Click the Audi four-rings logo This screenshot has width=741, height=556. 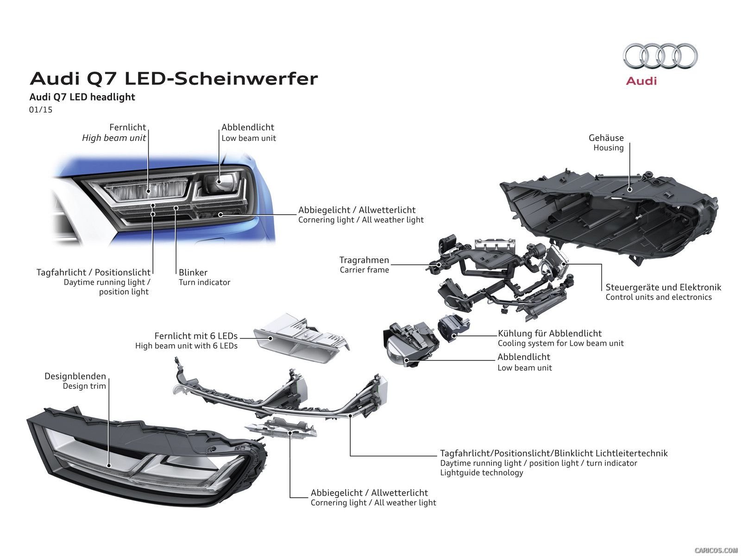(x=660, y=56)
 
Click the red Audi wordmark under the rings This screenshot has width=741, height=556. (x=641, y=81)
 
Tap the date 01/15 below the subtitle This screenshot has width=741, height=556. (x=41, y=110)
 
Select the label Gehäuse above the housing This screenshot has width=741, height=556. (x=606, y=138)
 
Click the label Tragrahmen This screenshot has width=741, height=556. (x=364, y=260)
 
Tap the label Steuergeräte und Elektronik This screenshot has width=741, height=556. (x=663, y=287)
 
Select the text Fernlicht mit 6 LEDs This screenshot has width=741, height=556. (x=196, y=336)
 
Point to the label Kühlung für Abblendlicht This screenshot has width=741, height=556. (x=550, y=333)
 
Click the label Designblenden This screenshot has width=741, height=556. (x=75, y=376)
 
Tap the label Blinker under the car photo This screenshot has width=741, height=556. (x=193, y=272)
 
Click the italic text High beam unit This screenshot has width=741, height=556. (x=114, y=138)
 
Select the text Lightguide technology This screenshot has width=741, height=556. (x=482, y=473)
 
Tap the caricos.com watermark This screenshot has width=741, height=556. (x=716, y=550)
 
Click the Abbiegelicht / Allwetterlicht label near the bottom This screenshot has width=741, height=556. (x=369, y=493)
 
